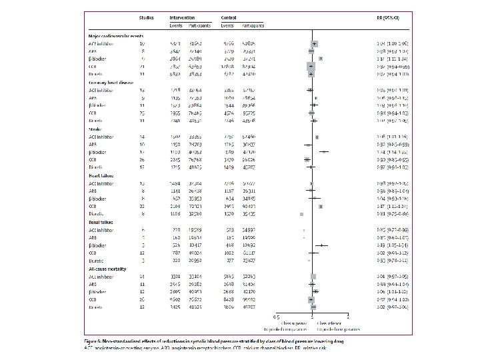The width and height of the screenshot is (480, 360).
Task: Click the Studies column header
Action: tap(145, 16)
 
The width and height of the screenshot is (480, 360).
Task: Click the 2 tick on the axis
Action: tap(347, 315)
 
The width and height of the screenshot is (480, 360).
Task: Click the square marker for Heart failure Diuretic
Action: tap(302, 214)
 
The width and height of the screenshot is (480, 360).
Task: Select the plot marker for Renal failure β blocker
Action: tap(321, 245)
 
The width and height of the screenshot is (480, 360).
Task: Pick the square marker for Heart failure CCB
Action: tap(321, 206)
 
